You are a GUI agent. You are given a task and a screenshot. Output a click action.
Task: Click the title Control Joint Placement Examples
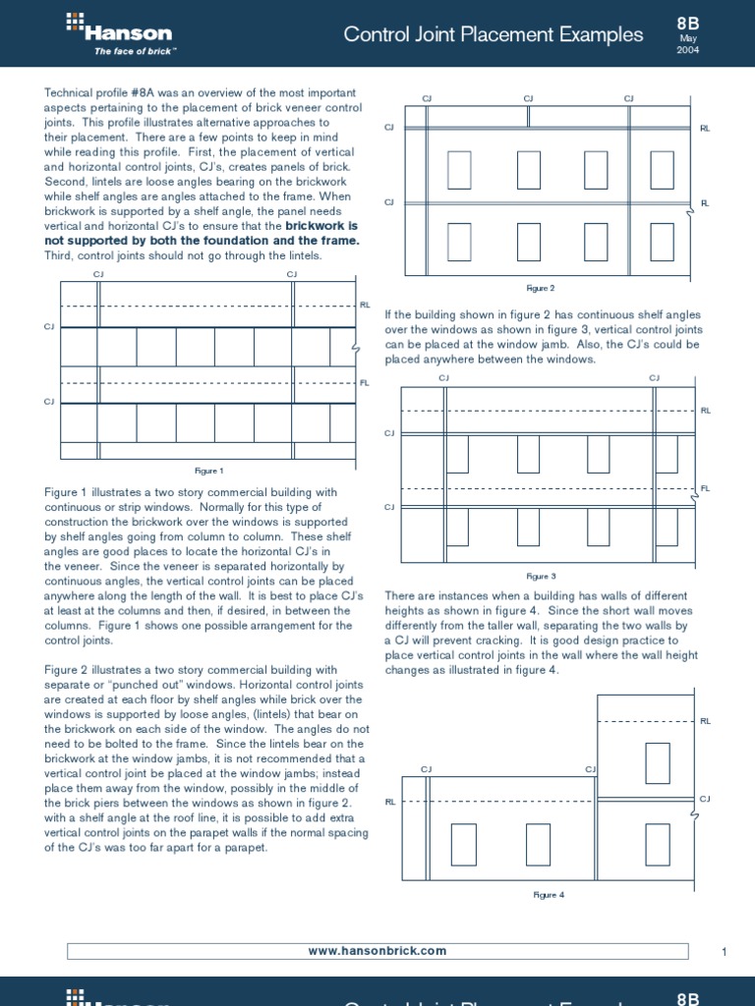point(494,35)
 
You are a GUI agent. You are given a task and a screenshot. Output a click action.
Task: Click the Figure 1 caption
point(208,471)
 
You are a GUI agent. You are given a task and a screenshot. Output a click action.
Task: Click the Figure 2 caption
point(541,288)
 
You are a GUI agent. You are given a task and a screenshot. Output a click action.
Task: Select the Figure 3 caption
point(541,577)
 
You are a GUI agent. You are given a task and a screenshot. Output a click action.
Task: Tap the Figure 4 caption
point(549,895)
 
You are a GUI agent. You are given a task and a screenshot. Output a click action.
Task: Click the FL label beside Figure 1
point(365,382)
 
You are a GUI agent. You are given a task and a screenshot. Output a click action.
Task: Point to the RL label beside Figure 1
point(365,306)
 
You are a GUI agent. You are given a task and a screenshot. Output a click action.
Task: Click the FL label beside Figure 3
point(705,488)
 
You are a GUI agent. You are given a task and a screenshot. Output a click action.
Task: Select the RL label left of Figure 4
point(389,802)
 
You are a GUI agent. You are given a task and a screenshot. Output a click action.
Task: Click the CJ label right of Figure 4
point(704,800)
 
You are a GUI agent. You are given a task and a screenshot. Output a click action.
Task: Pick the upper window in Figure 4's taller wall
point(658,762)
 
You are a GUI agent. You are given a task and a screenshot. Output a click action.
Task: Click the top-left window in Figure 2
point(459,169)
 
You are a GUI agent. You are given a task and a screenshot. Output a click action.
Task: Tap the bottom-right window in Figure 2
point(662,243)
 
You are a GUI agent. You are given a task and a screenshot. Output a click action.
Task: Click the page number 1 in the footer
point(723,951)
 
